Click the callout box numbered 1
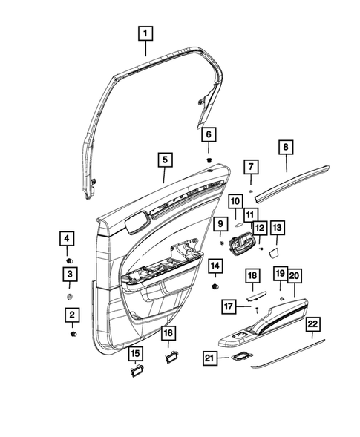click(146, 33)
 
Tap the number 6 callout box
click(209, 134)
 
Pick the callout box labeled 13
click(277, 228)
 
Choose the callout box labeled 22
click(312, 324)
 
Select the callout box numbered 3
click(68, 275)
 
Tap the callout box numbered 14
click(215, 266)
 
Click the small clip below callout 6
click(210, 158)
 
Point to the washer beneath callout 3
click(68, 296)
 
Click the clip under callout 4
click(69, 260)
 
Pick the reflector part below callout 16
click(170, 358)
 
